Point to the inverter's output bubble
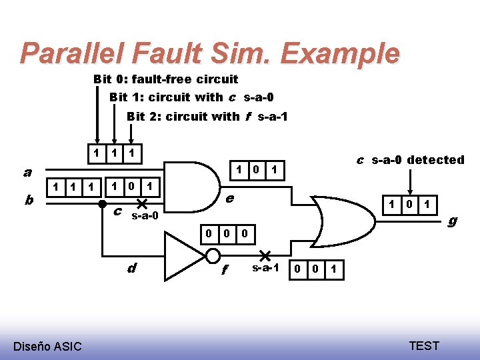[213, 255]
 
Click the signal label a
[27, 172]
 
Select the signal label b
[27, 199]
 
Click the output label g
[452, 220]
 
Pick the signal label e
[229, 198]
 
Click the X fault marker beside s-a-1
[265, 255]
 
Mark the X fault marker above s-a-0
[142, 203]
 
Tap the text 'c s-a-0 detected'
[410, 160]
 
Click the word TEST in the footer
[424, 345]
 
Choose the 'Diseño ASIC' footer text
[47, 346]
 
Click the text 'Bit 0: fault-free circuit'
[165, 79]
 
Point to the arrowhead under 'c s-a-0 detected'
[411, 191]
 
